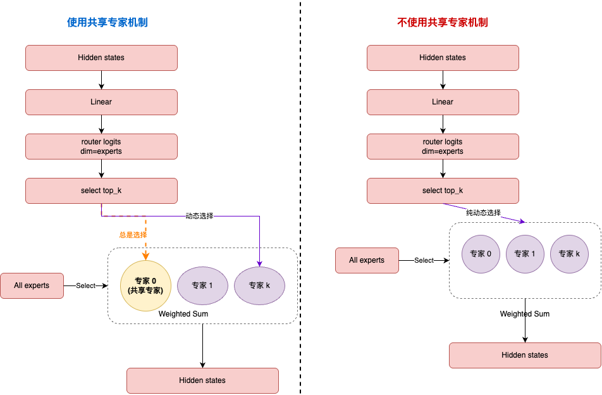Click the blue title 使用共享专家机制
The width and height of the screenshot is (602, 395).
[x=107, y=22]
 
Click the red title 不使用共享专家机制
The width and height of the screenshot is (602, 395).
[x=442, y=22]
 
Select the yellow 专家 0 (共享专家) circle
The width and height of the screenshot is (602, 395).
[x=145, y=285]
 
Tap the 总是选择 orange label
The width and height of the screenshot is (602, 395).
[x=132, y=235]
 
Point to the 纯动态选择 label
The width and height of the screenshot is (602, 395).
[x=483, y=213]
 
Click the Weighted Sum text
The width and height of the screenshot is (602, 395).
[x=183, y=314]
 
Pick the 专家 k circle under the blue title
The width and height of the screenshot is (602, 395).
[x=259, y=285]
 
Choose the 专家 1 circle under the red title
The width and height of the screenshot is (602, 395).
[x=525, y=254]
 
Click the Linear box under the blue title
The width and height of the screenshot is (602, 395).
[x=101, y=102]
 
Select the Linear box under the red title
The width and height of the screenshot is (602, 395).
[x=443, y=102]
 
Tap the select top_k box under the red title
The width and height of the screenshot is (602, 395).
[x=443, y=191]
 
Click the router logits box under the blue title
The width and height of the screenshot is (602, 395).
[x=101, y=146]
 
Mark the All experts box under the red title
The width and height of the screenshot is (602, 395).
[x=367, y=260]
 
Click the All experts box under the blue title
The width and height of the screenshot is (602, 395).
[x=32, y=285]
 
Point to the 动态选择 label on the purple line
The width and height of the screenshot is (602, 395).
[x=199, y=216]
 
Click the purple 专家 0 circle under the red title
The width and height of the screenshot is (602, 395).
[x=481, y=254]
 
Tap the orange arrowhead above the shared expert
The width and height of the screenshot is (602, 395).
[x=145, y=256]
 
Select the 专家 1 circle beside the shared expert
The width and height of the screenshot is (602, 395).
[x=202, y=285]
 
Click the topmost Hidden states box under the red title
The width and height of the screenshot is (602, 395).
[x=443, y=58]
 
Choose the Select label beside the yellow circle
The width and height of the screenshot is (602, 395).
[x=85, y=285]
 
